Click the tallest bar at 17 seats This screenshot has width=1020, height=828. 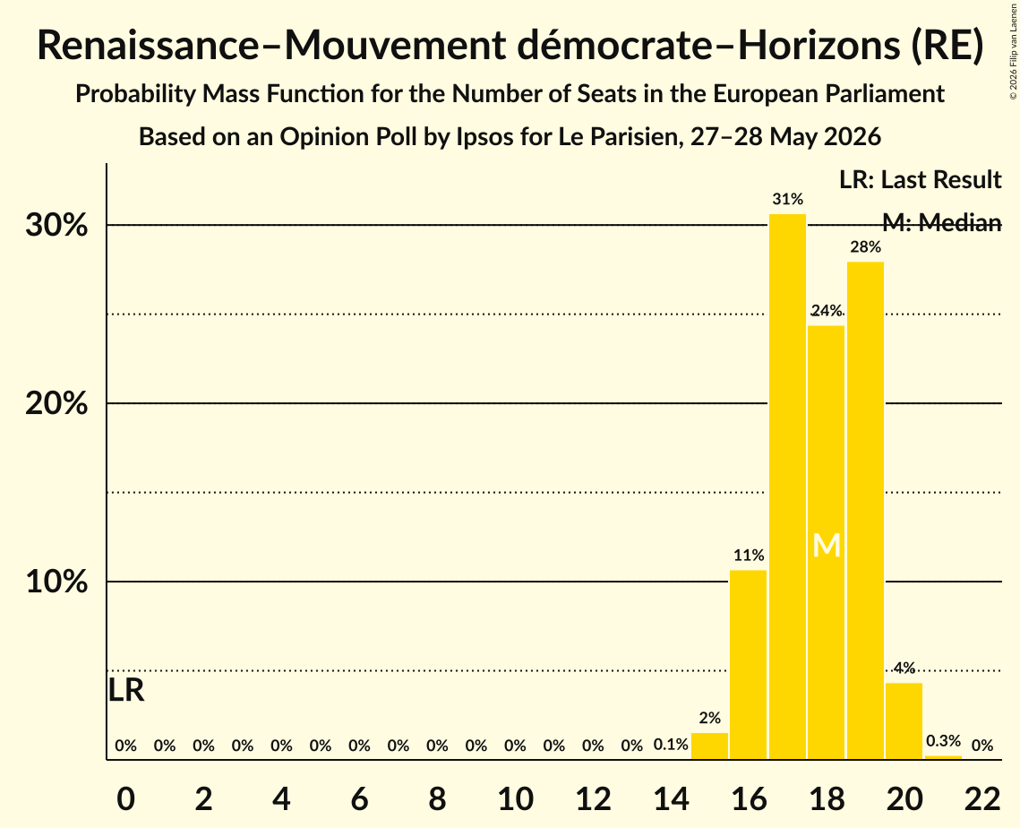click(x=787, y=487)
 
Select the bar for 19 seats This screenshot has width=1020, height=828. click(x=865, y=511)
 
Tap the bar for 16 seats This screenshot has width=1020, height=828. click(x=748, y=665)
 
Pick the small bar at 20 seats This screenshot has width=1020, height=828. click(x=904, y=721)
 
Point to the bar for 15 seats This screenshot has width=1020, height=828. click(x=710, y=746)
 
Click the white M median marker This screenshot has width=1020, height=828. click(x=827, y=546)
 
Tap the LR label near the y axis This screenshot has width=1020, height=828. click(x=125, y=690)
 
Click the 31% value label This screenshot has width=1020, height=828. click(x=788, y=199)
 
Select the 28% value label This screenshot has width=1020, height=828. click(x=866, y=246)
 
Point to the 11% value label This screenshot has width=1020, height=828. click(x=749, y=556)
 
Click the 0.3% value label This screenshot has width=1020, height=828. click(x=943, y=741)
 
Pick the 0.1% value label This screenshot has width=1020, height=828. click(x=671, y=745)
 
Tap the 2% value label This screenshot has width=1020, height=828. click(x=710, y=718)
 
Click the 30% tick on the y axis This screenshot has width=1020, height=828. click(x=56, y=225)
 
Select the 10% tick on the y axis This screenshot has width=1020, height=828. click(x=56, y=582)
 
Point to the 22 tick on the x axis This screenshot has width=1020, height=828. click(x=982, y=798)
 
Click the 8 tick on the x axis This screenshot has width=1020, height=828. click(x=437, y=798)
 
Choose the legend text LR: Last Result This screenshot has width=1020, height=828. click(x=920, y=179)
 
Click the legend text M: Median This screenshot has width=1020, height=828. click(x=942, y=222)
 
